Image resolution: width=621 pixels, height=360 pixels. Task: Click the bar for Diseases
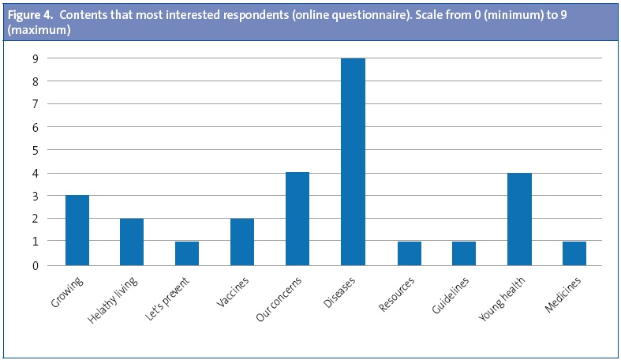click(353, 162)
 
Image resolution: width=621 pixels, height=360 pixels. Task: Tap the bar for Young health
click(518, 219)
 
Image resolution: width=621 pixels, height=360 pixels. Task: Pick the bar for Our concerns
click(297, 219)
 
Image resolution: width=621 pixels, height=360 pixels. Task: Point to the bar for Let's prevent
click(187, 253)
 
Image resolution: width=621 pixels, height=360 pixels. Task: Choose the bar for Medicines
click(574, 253)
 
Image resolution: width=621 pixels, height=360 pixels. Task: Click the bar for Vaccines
click(242, 242)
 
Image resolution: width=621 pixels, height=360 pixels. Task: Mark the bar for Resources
click(408, 253)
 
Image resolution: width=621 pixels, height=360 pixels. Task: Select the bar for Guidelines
click(463, 253)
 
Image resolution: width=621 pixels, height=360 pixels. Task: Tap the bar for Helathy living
click(132, 242)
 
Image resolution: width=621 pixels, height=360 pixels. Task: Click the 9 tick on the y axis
click(35, 58)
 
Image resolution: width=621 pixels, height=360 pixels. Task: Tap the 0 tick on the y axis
click(35, 266)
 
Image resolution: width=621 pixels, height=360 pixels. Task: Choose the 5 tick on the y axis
click(35, 150)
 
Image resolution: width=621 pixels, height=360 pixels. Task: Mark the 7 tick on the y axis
click(35, 103)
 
